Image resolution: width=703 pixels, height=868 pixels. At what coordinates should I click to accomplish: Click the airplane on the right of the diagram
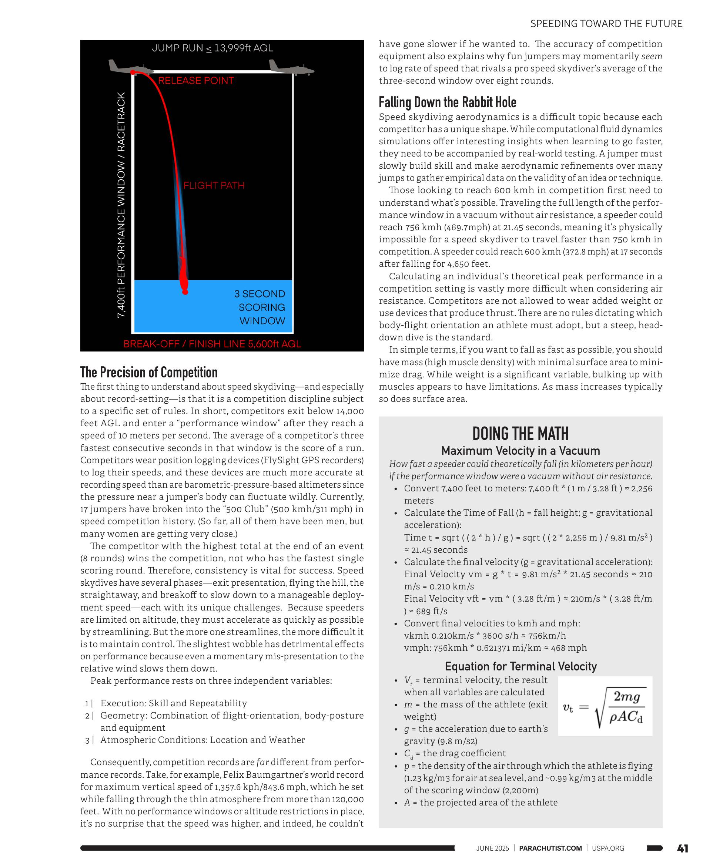point(291,68)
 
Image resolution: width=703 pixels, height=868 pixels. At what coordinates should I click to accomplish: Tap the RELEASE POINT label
point(195,81)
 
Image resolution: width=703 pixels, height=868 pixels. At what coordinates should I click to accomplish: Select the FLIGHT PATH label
point(214,185)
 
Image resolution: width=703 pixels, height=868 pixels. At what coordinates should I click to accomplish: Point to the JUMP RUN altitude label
point(212,48)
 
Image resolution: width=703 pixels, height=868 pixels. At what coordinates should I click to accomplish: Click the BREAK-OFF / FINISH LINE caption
point(212,344)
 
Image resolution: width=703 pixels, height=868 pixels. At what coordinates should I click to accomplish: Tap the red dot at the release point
point(133,73)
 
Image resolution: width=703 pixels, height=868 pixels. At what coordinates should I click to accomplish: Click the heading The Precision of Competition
point(148,372)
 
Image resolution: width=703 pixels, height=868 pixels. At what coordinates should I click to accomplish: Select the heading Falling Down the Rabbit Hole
point(448,102)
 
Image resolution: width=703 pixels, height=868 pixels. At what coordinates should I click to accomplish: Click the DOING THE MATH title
point(520,433)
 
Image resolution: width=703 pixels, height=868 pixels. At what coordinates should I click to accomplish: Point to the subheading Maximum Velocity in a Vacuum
point(520,451)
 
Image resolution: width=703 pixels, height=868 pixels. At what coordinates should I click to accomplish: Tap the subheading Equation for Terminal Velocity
point(520,666)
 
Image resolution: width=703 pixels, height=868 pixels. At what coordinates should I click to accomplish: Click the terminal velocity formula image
point(605,706)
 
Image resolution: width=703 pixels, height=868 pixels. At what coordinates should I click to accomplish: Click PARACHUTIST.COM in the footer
point(550,848)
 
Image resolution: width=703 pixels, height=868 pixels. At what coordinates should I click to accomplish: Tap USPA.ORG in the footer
point(608,848)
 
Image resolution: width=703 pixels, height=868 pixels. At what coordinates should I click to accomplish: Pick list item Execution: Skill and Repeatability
point(173,703)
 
